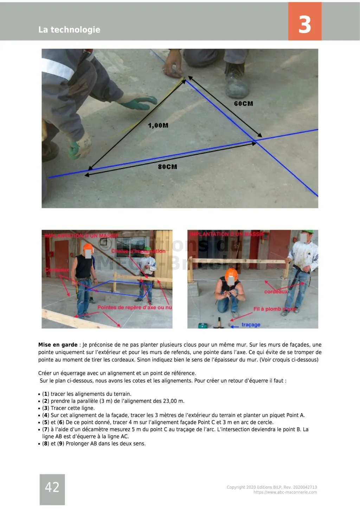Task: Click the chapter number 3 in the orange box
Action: coord(304,25)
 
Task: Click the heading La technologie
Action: coord(69,30)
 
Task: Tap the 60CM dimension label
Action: coord(243,104)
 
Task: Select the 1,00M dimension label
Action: coord(158,125)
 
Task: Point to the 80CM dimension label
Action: coord(167,167)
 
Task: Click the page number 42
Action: coord(52,487)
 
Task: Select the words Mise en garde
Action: coord(58,345)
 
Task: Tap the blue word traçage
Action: coord(251,325)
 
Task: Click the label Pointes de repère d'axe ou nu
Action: coord(135,307)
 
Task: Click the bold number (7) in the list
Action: coord(45,429)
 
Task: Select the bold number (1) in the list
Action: coord(45,394)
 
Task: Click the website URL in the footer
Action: coord(285,492)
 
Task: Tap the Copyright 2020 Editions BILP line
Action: coord(271,487)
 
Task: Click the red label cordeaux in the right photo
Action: coord(276,292)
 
